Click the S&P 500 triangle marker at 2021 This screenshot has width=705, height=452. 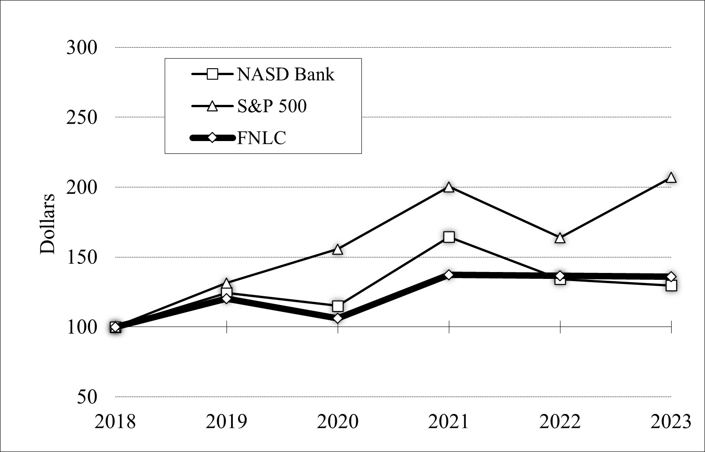coord(449,187)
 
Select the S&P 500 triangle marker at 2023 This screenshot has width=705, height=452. coord(671,178)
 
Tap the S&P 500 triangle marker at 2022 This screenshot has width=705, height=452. coord(560,238)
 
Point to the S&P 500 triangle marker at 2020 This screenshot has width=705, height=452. coord(338,250)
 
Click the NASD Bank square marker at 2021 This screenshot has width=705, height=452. coord(449,237)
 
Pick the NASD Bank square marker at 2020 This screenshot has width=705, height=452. coord(338,306)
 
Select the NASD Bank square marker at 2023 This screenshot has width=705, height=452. coord(671,285)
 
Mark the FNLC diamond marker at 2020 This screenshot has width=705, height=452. coord(338,318)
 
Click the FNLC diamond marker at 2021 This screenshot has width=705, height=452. coord(449,275)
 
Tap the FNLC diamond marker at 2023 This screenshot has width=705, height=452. coord(671,277)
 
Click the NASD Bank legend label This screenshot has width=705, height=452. coord(285,74)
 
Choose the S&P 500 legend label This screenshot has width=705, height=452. coord(272,106)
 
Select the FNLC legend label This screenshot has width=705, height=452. coord(262,137)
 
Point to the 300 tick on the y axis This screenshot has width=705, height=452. coord(82,47)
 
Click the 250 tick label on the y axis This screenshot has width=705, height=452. coord(82,117)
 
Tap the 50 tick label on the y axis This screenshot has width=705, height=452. coord(87,397)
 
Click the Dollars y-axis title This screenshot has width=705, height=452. coord(48,223)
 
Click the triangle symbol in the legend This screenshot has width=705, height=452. coord(212,106)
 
